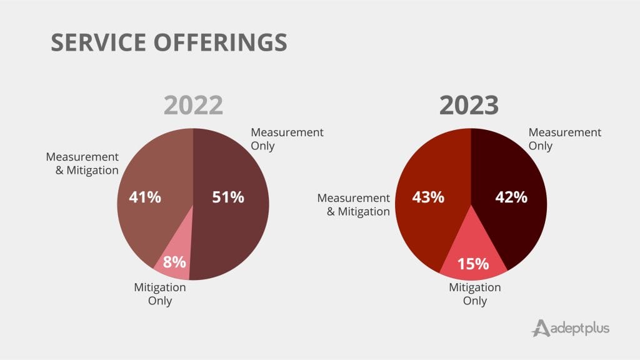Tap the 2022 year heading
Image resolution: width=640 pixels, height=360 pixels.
[193, 105]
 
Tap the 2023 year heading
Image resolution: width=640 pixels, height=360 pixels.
[469, 105]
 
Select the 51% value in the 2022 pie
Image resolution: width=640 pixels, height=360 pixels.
[227, 197]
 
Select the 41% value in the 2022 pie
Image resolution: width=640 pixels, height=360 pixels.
[145, 197]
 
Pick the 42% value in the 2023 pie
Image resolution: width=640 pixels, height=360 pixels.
[511, 197]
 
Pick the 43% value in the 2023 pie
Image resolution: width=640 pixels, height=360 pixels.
[428, 197]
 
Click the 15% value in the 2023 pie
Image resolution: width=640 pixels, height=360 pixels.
[472, 263]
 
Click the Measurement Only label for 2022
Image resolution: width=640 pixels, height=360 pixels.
[287, 139]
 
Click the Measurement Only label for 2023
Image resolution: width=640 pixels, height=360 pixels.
[565, 139]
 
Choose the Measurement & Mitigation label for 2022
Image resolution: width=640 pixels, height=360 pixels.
[82, 162]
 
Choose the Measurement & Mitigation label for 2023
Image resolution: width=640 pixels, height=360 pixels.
[354, 204]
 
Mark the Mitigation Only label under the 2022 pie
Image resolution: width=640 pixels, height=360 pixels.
[160, 294]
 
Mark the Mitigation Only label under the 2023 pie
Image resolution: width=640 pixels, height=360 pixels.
[475, 294]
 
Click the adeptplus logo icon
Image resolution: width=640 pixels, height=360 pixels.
[541, 327]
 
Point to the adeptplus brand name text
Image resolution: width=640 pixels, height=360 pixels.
[580, 328]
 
